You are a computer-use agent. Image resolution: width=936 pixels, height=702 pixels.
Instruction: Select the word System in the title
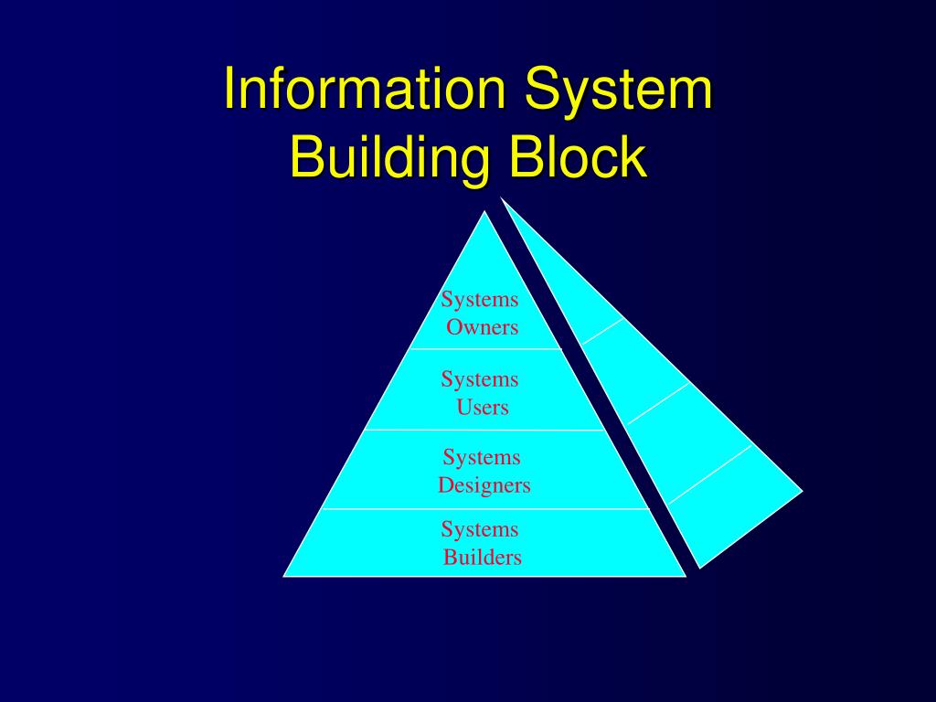click(x=618, y=90)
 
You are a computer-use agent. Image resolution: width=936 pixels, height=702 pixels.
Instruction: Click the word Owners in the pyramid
click(x=482, y=327)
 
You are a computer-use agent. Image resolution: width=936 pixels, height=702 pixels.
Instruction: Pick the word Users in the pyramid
click(x=483, y=408)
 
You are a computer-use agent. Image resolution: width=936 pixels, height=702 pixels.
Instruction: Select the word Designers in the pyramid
click(x=484, y=485)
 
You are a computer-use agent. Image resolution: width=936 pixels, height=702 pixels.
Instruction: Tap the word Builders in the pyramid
click(x=483, y=558)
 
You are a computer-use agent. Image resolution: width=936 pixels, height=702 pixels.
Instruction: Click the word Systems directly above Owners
click(x=480, y=300)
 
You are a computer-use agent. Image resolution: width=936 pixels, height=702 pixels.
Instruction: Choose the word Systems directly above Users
click(x=480, y=379)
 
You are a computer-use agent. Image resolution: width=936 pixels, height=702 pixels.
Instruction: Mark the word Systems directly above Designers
click(x=482, y=457)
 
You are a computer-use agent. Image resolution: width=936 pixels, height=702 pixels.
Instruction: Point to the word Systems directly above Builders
click(x=480, y=529)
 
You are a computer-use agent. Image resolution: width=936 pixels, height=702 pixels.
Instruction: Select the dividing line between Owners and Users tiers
click(x=484, y=349)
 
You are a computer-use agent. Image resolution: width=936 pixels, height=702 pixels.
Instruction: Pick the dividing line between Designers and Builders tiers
click(x=484, y=508)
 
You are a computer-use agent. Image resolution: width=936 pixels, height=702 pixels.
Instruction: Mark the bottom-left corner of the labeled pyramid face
click(x=285, y=576)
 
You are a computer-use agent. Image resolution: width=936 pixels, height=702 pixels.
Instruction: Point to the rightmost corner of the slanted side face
click(x=802, y=491)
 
